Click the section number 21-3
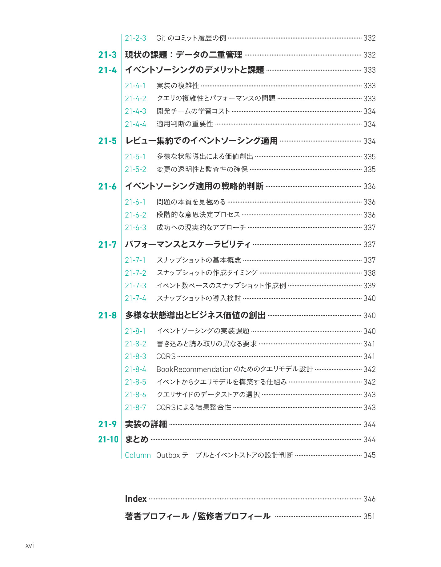coord(107,55)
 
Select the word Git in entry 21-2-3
coord(161,38)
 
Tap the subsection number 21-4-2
coord(135,98)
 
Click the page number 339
coord(369,285)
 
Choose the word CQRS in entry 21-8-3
coord(166,356)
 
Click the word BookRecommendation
coord(194,369)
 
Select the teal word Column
coord(138,455)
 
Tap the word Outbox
coord(168,455)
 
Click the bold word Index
coord(136,499)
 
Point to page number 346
coord(369,499)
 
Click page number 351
coord(369,516)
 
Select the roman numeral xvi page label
coord(30,545)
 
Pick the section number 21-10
coord(108,439)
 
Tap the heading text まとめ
coord(137,439)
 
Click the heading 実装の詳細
coord(146,424)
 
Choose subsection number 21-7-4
coord(135,298)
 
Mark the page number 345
coord(369,455)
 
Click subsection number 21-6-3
coord(135,227)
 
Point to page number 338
coord(369,273)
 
